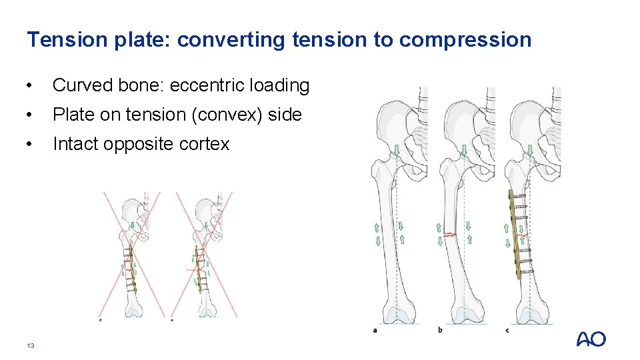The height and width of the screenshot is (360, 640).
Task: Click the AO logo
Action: [x=591, y=339]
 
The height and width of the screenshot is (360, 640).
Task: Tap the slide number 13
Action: [x=30, y=345]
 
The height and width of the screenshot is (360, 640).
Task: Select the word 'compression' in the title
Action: [x=465, y=40]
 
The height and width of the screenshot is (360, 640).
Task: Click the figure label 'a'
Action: [x=376, y=329]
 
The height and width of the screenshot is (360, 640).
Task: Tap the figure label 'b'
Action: [x=440, y=329]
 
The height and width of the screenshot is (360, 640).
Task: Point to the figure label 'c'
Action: [x=508, y=329]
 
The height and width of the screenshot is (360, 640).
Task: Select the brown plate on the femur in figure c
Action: [x=515, y=233]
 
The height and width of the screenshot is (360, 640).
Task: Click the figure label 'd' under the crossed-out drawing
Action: [x=100, y=319]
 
